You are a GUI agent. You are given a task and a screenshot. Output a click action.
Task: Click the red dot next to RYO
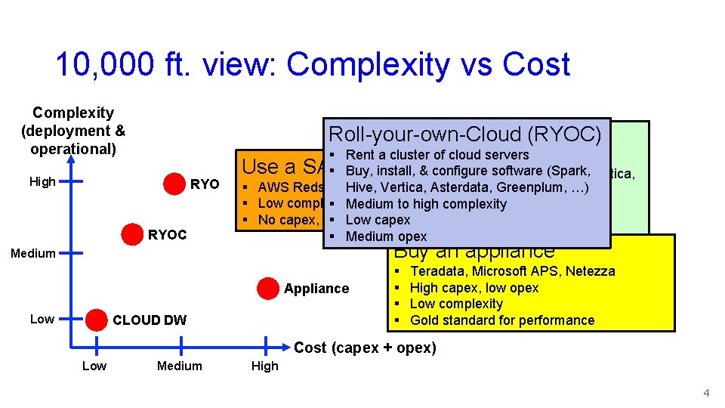[174, 184]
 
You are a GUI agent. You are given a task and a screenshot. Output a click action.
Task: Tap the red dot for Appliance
[267, 288]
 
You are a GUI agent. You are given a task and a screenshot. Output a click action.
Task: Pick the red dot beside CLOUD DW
[96, 320]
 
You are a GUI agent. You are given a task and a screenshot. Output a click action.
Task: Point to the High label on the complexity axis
[42, 182]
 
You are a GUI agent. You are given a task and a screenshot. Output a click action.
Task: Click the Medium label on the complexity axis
[33, 253]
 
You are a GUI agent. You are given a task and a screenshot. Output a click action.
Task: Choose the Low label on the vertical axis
[42, 320]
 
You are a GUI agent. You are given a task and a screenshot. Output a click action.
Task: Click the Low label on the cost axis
[94, 366]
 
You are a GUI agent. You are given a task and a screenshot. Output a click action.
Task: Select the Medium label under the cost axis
[180, 366]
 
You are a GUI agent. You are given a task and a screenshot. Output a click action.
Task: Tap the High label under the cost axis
[264, 366]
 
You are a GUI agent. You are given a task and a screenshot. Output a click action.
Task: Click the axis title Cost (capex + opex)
[365, 348]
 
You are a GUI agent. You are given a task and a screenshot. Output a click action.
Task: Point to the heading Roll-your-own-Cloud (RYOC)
[464, 134]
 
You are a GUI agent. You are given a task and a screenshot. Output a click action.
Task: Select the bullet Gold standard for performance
[501, 320]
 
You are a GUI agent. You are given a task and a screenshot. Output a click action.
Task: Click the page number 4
[706, 393]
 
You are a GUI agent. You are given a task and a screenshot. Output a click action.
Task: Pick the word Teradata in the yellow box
[437, 271]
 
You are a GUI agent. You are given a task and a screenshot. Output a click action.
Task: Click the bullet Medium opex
[386, 236]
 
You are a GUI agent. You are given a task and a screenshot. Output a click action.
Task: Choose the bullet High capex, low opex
[474, 288]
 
